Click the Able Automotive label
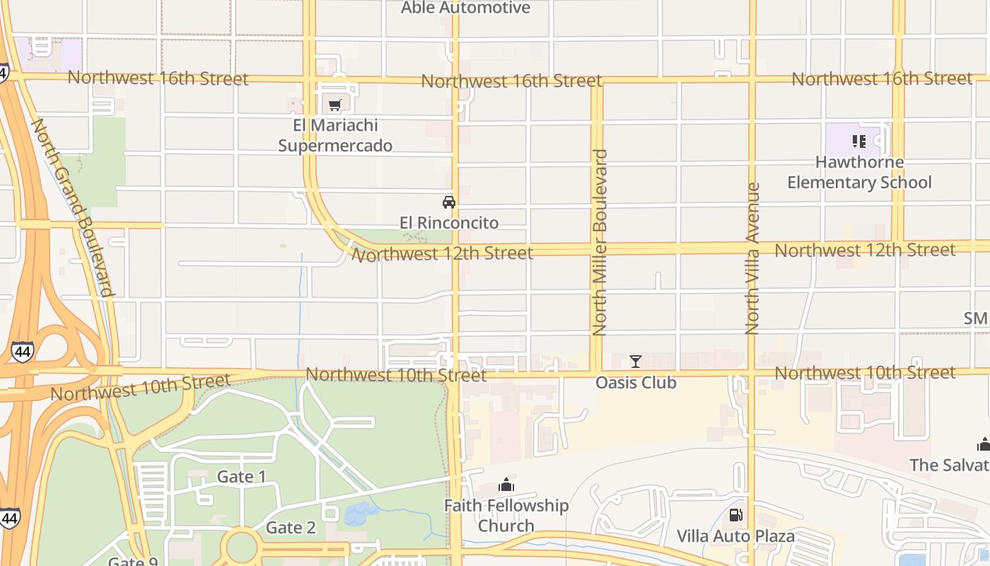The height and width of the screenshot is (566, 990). tap(465, 8)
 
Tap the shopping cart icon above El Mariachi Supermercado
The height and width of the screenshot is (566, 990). tap(335, 105)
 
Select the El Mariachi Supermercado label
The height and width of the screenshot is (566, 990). tap(335, 135)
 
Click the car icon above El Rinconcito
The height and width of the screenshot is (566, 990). tap(448, 202)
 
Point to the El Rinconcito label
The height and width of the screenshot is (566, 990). tap(448, 223)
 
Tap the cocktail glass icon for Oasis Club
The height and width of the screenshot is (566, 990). tap(636, 362)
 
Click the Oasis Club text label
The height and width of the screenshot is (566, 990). tap(636, 383)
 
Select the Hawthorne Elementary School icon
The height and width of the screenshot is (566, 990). tap(859, 141)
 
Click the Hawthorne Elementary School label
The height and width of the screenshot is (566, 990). tap(859, 172)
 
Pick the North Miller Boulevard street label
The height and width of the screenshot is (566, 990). tap(600, 242)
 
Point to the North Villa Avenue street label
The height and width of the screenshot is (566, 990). tap(752, 258)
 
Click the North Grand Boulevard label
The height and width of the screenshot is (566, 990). tap(73, 207)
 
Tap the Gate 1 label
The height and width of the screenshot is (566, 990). tap(241, 477)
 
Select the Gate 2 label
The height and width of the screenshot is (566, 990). tap(291, 528)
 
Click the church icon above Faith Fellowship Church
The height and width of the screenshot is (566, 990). tap(506, 485)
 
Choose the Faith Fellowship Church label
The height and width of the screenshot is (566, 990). tap(506, 516)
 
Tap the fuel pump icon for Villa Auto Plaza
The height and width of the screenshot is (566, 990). tap(735, 515)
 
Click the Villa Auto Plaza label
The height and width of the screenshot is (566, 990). tap(735, 536)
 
